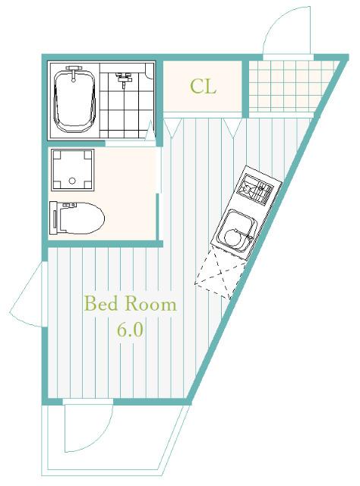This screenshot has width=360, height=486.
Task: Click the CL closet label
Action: point(203,87)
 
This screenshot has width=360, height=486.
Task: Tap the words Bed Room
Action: point(130,304)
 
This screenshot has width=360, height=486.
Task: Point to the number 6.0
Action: point(130,330)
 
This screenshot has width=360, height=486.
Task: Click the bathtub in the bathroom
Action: point(74,100)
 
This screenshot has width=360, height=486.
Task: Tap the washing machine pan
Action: point(73,170)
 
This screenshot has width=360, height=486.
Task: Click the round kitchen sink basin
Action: point(235,238)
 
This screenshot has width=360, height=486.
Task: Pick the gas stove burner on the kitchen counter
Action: point(254,189)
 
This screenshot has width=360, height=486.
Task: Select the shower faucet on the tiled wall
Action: point(123,78)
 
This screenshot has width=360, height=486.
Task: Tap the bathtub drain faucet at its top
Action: point(74,73)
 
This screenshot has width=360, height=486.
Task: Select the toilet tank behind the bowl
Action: point(54,218)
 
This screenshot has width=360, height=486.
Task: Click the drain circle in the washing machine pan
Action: point(72,181)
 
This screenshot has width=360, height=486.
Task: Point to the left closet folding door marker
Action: point(172,127)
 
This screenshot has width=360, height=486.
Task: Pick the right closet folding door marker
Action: point(232,127)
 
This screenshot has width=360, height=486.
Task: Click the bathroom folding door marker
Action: point(150,131)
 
